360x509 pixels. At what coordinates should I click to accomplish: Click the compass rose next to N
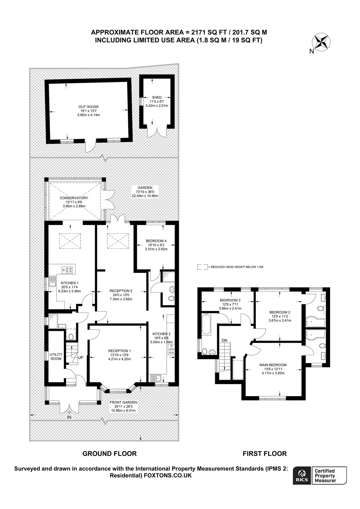tap(321, 42)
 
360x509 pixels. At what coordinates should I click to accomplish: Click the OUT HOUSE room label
tap(89, 107)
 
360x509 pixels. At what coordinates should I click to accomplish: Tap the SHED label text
tap(157, 97)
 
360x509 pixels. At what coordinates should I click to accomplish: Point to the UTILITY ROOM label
tap(56, 356)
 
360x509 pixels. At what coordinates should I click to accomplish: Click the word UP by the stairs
tap(81, 357)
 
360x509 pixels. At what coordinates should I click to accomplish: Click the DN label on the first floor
tap(224, 340)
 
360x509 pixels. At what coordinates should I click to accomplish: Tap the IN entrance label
tap(69, 417)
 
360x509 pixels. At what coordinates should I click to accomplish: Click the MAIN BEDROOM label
tap(273, 365)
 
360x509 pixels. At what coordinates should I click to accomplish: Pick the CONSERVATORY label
tap(74, 198)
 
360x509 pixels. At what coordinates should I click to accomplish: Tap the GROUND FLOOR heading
tap(109, 454)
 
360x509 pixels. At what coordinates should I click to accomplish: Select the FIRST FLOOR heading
tap(265, 454)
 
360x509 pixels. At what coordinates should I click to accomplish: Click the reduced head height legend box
tap(202, 267)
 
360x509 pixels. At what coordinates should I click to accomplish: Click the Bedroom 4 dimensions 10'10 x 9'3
tap(156, 245)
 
